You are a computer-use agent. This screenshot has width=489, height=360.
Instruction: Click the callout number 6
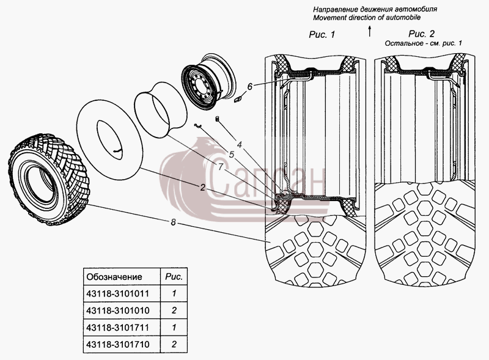pyautogui.click(x=250, y=86)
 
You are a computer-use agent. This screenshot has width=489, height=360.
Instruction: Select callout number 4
pyautogui.click(x=239, y=145)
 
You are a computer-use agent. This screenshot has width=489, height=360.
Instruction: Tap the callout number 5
pyautogui.click(x=232, y=155)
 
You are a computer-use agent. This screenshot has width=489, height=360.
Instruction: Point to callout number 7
pyautogui.click(x=221, y=167)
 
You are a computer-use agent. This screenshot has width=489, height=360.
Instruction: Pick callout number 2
pyautogui.click(x=203, y=188)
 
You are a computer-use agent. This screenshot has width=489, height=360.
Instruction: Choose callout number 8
pyautogui.click(x=174, y=222)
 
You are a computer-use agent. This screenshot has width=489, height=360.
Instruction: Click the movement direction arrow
pyautogui.click(x=370, y=31)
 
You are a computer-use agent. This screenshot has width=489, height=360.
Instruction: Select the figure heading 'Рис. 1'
pyautogui.click(x=322, y=34)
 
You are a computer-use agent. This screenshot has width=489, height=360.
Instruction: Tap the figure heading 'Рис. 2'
pyautogui.click(x=421, y=34)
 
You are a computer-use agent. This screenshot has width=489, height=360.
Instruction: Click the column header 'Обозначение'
pyautogui.click(x=114, y=277)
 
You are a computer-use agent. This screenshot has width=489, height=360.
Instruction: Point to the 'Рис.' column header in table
pyautogui.click(x=174, y=277)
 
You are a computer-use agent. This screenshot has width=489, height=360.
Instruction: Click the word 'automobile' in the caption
pyautogui.click(x=403, y=18)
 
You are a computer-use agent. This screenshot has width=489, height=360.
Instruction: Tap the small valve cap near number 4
pyautogui.click(x=218, y=119)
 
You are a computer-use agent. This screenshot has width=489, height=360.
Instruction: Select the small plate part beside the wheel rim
pyautogui.click(x=238, y=100)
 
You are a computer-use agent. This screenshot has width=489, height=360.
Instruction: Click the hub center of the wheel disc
pyautogui.click(x=198, y=84)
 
